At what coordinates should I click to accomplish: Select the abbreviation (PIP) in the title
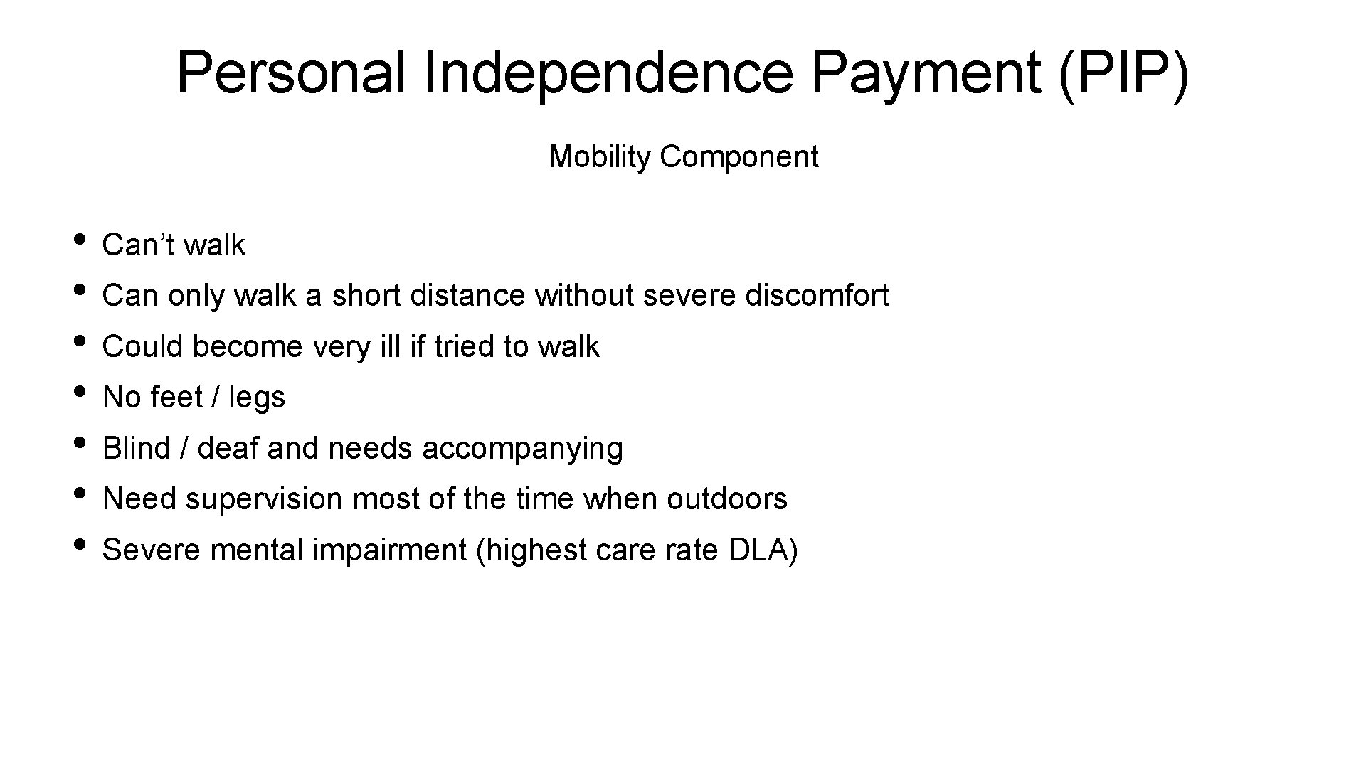[x=1123, y=73]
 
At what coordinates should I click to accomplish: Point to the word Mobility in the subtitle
[x=599, y=157]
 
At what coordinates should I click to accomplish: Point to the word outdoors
[x=726, y=498]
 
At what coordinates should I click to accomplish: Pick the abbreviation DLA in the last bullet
[x=758, y=550]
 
